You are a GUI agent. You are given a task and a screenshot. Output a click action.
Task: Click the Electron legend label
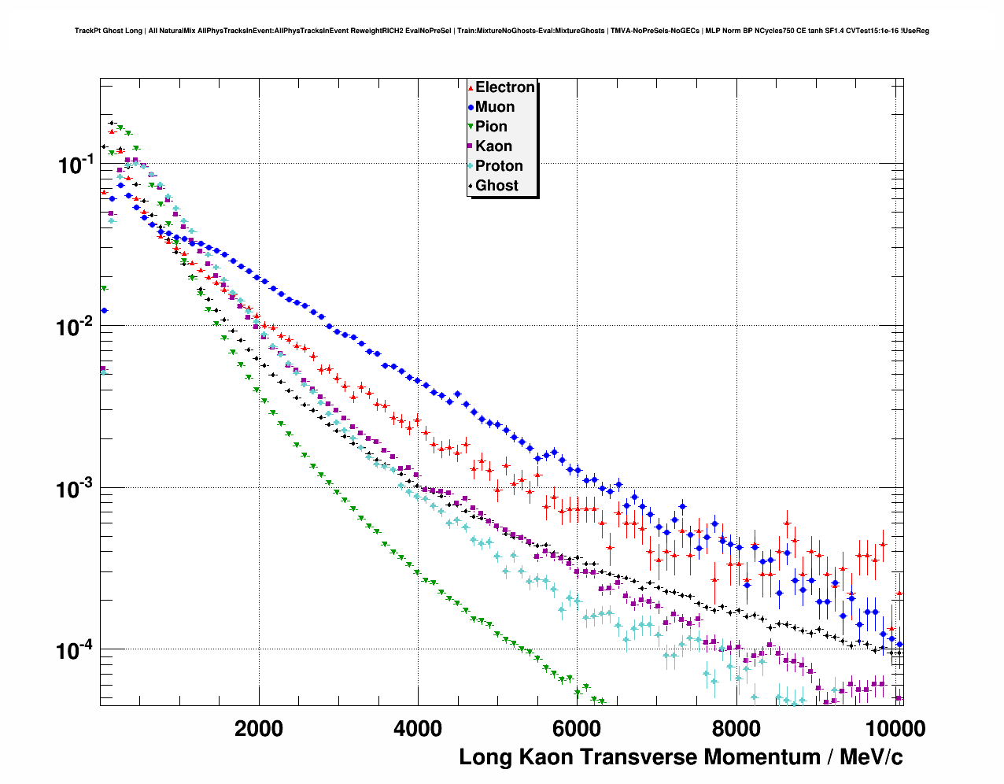(x=505, y=87)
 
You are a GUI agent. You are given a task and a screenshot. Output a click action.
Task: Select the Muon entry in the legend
(x=495, y=107)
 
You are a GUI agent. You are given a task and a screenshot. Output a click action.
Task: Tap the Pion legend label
(x=491, y=127)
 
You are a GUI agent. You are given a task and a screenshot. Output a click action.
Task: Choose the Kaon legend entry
(x=493, y=146)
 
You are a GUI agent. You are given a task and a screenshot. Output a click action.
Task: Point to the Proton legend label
(x=499, y=166)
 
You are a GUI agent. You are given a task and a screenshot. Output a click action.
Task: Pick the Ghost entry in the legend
(x=496, y=186)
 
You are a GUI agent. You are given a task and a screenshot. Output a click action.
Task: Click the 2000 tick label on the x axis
(x=259, y=728)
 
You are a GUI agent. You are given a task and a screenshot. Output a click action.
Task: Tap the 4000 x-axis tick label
(x=418, y=728)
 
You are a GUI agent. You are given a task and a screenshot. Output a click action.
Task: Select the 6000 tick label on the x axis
(x=577, y=728)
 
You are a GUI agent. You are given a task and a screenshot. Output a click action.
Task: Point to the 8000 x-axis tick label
(x=736, y=728)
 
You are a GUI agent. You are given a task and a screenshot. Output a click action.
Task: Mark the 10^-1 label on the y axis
(x=75, y=165)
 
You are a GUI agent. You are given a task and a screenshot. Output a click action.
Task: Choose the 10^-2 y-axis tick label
(x=75, y=326)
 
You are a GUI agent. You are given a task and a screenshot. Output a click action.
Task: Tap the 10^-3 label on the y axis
(x=75, y=488)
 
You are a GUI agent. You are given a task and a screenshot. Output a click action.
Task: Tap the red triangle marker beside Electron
(x=471, y=87)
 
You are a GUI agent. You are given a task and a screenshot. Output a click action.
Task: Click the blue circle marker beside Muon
(x=471, y=107)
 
